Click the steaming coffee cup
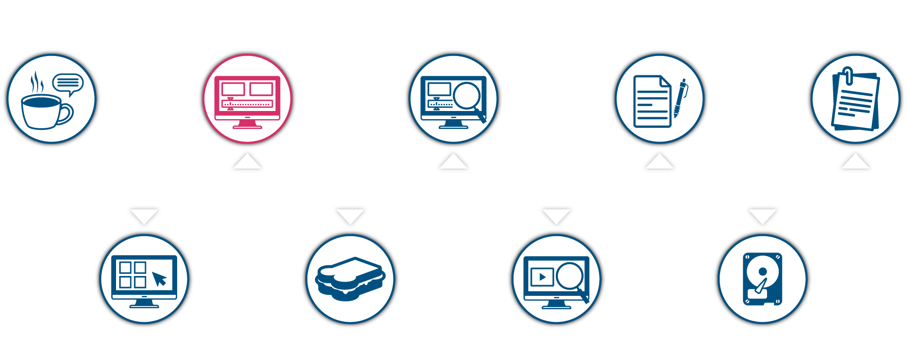(x=43, y=111)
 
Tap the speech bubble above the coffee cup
(x=68, y=83)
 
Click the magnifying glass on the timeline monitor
(x=467, y=96)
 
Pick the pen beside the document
(x=680, y=98)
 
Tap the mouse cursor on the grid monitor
(x=159, y=279)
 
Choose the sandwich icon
(x=350, y=279)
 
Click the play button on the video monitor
(x=542, y=277)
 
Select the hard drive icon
(x=762, y=279)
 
